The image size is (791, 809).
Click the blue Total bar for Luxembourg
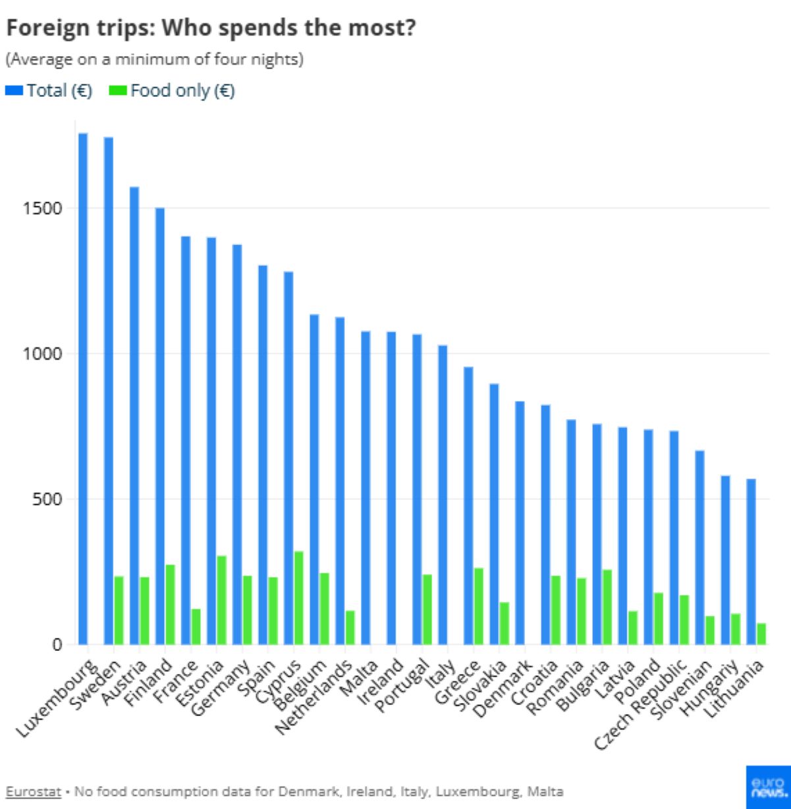(83, 389)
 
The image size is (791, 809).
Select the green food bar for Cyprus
(298, 598)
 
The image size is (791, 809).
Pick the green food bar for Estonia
(221, 600)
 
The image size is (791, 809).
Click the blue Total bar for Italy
(443, 494)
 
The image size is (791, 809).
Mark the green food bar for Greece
(478, 605)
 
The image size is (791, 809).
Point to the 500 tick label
(47, 499)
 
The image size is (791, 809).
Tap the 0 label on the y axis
(57, 644)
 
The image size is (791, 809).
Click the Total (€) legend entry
(49, 90)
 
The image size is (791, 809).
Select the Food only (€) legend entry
(173, 90)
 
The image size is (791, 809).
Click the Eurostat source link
(33, 791)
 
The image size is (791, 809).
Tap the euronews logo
(768, 787)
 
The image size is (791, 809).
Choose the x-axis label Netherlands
(314, 698)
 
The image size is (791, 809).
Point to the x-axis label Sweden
(95, 685)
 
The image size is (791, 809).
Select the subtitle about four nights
(155, 59)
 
